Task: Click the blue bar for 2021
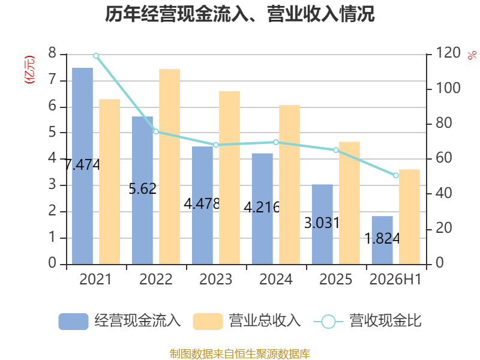tap(82, 166)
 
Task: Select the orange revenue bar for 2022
tap(170, 167)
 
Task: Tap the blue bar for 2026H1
tap(382, 241)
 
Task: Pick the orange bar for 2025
tap(349, 203)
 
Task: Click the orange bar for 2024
tap(289, 185)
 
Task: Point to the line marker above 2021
tap(96, 56)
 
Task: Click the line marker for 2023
tap(216, 145)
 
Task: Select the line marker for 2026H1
tap(396, 175)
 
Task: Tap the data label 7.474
tap(82, 164)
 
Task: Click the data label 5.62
tap(142, 188)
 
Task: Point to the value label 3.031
tap(322, 223)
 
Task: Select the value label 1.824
tap(382, 238)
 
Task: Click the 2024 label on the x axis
tap(276, 279)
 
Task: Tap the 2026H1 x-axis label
tap(395, 279)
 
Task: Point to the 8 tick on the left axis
tap(52, 53)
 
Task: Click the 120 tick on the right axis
tap(448, 53)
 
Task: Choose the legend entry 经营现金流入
tap(119, 321)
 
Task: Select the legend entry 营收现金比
tap(367, 321)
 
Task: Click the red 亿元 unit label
tap(29, 70)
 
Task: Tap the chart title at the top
tap(239, 14)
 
